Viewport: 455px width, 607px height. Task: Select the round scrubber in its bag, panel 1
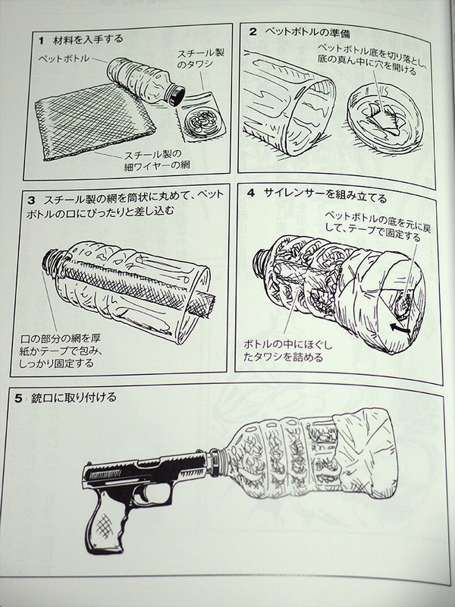click(x=203, y=119)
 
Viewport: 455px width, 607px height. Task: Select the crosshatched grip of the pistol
click(x=106, y=524)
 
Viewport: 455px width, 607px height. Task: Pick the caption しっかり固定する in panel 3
click(x=58, y=363)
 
